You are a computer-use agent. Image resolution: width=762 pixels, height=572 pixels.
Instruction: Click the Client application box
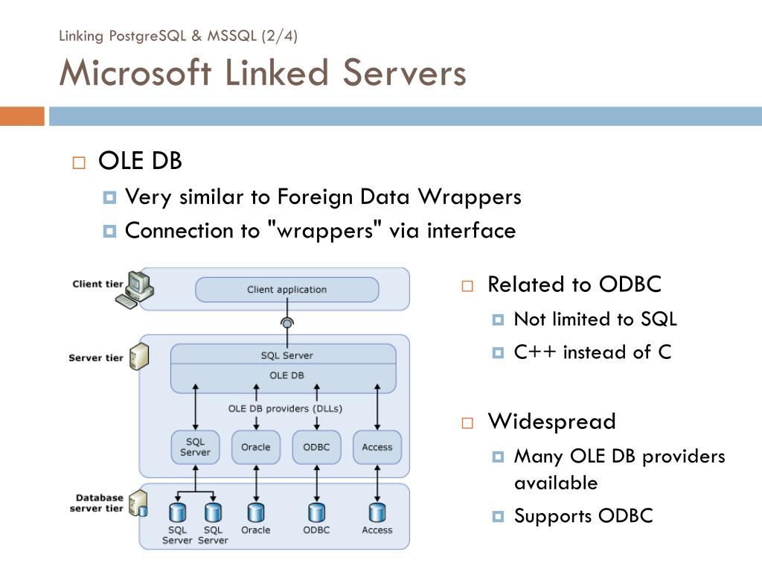pyautogui.click(x=286, y=290)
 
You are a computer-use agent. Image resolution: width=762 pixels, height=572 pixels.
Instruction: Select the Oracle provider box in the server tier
pyautogui.click(x=256, y=447)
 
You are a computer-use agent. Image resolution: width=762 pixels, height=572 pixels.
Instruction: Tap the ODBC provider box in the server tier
pyautogui.click(x=316, y=447)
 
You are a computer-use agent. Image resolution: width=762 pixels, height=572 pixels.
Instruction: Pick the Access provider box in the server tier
pyautogui.click(x=377, y=447)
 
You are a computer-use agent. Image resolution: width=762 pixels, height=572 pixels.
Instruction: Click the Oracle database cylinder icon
pyautogui.click(x=256, y=512)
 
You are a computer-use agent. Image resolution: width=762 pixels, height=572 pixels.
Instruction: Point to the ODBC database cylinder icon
pyautogui.click(x=317, y=512)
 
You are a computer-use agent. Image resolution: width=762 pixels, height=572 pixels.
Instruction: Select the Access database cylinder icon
pyautogui.click(x=377, y=512)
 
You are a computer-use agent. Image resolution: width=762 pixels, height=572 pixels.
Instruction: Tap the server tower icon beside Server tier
pyautogui.click(x=139, y=357)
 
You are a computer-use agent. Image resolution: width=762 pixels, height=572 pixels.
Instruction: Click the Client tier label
pyautogui.click(x=97, y=284)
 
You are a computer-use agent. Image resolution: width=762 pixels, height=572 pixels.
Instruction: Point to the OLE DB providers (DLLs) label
pyautogui.click(x=285, y=409)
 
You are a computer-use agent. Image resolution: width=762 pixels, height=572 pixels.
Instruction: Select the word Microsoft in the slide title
pyautogui.click(x=135, y=73)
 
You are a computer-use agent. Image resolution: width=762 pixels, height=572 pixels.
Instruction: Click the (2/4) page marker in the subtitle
pyautogui.click(x=279, y=36)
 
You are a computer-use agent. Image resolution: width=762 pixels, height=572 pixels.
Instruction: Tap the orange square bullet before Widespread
pyautogui.click(x=467, y=423)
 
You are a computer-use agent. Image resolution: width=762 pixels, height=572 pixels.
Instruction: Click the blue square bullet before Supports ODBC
pyautogui.click(x=498, y=516)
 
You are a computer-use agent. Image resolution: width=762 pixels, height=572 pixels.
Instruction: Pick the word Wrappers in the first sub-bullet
pyautogui.click(x=470, y=197)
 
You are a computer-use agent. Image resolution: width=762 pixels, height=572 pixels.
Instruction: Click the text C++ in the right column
pyautogui.click(x=534, y=352)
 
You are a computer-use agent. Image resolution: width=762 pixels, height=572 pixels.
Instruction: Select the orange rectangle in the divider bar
pyautogui.click(x=22, y=116)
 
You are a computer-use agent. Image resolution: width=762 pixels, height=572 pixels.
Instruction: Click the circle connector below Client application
pyautogui.click(x=287, y=322)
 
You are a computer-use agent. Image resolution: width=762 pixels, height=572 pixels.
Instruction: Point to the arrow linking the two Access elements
pyautogui.click(x=377, y=483)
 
